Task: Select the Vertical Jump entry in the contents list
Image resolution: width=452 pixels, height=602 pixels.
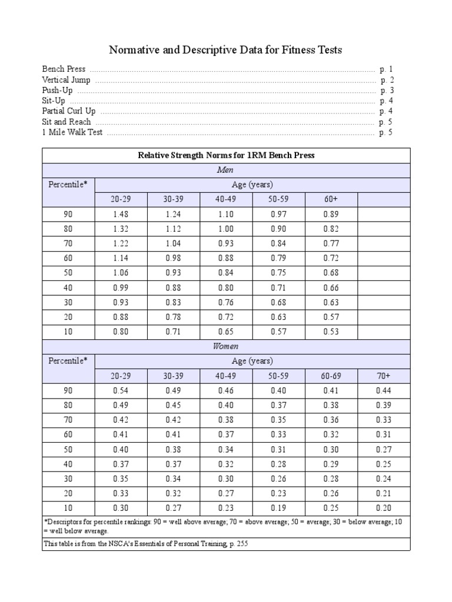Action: pos(66,80)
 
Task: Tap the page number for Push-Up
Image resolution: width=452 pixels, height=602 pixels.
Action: pos(386,91)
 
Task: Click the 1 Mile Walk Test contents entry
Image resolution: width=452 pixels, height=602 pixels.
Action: pos(72,132)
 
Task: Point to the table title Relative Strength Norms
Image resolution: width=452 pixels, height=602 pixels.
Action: pos(226,156)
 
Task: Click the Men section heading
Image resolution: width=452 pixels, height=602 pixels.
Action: pos(226,170)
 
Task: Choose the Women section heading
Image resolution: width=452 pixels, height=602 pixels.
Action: pos(226,346)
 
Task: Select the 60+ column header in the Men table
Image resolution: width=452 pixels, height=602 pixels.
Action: pos(331,199)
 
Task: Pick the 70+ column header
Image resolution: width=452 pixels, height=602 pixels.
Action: pos(384,376)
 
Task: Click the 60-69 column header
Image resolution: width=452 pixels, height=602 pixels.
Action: pos(331,376)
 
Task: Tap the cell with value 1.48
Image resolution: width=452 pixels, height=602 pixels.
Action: pos(121,215)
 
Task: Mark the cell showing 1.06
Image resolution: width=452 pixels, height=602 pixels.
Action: pos(121,273)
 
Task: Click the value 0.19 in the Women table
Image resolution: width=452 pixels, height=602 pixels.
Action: pos(278,508)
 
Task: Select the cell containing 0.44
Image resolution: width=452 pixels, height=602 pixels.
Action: pos(384,390)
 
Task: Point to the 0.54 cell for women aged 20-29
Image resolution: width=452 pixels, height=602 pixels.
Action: pos(121,390)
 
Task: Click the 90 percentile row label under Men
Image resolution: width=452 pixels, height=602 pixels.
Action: pos(68,215)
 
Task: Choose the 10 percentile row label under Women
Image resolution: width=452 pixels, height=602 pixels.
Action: pos(68,508)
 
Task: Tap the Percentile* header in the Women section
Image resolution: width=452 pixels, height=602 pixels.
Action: pos(68,361)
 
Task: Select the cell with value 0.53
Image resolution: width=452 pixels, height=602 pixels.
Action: pos(331,332)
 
